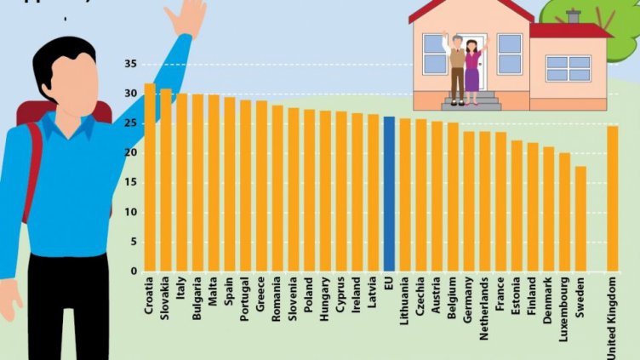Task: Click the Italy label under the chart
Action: click(x=182, y=289)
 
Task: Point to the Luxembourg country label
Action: click(x=565, y=306)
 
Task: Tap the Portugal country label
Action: click(x=246, y=297)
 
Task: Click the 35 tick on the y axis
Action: click(x=129, y=64)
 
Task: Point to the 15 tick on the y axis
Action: click(x=129, y=182)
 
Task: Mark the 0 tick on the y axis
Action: click(x=133, y=271)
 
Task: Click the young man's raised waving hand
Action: click(x=188, y=16)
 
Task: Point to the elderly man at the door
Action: click(x=457, y=68)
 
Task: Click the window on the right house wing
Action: click(x=568, y=68)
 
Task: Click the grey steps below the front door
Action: click(x=471, y=101)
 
